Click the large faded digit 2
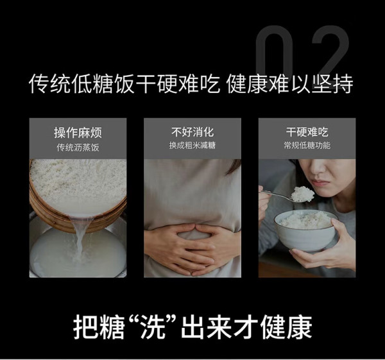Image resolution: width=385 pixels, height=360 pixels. (x=329, y=51)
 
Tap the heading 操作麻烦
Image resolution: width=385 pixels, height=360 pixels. (x=78, y=133)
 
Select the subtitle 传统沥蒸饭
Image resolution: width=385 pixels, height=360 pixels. (x=78, y=148)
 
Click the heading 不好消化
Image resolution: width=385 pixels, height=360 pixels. (x=193, y=132)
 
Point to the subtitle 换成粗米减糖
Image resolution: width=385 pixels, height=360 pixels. (x=193, y=146)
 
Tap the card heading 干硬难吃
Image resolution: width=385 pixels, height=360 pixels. (x=307, y=132)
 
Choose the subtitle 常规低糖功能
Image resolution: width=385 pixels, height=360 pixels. (x=307, y=146)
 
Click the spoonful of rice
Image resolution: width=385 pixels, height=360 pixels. (x=302, y=194)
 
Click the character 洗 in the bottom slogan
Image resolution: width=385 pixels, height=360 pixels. (x=153, y=327)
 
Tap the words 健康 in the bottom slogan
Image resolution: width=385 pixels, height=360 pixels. (x=286, y=327)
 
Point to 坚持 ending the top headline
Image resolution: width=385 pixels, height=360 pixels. (x=332, y=83)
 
